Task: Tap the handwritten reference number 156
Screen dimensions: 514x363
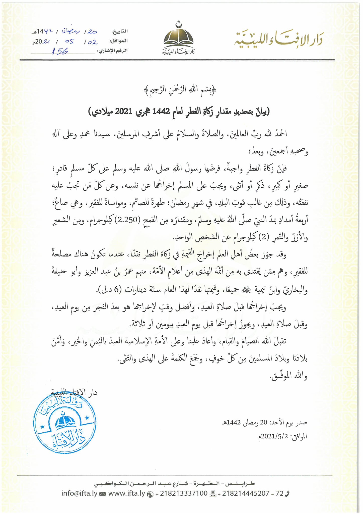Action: coord(60,52)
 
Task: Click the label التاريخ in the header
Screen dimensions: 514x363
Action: coord(120,31)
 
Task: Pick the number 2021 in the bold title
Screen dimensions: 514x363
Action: coord(123,111)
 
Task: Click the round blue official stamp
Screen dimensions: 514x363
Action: coord(65,423)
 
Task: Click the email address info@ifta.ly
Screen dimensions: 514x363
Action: coord(79,493)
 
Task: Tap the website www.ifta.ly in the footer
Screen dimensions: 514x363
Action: coord(127,493)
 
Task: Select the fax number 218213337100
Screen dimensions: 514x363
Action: coord(184,493)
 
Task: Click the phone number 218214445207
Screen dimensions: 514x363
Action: coord(246,493)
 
